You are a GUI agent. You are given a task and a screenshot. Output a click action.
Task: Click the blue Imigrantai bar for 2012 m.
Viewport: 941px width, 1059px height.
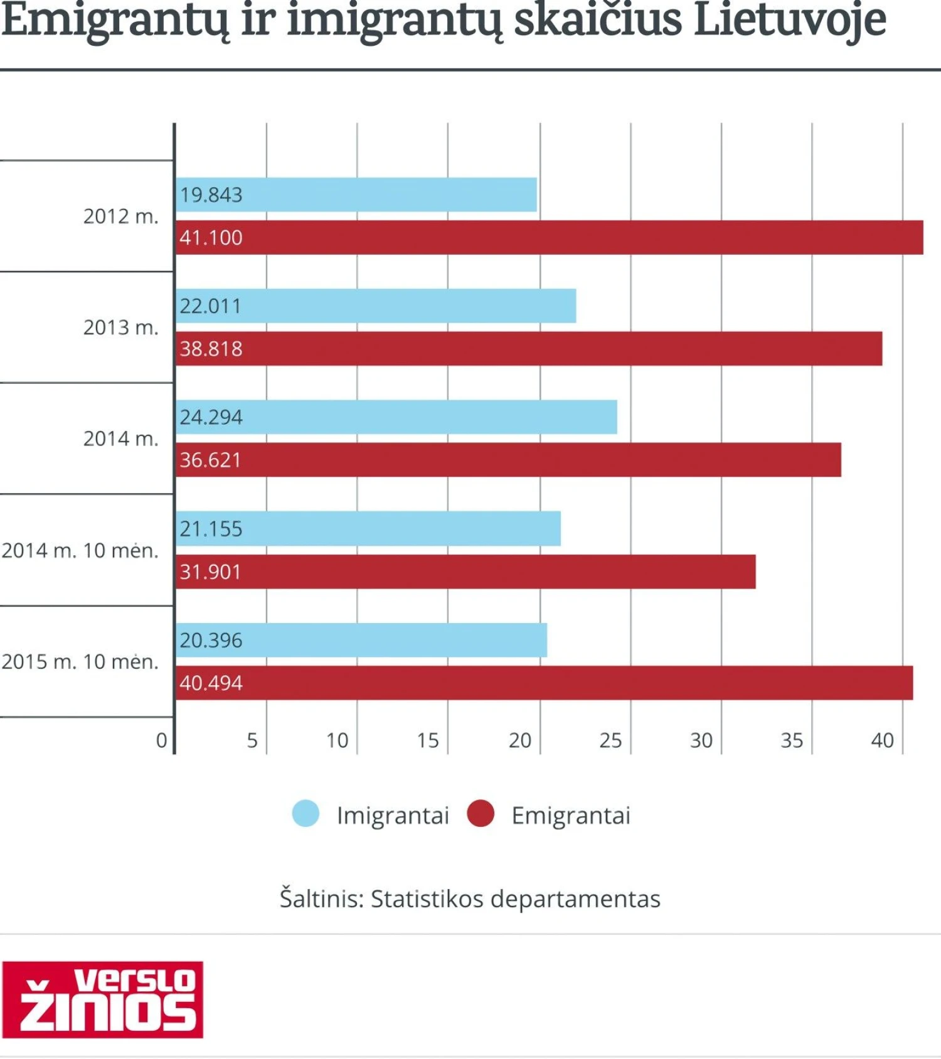[356, 194]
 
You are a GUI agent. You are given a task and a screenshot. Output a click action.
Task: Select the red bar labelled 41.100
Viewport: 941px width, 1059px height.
[549, 237]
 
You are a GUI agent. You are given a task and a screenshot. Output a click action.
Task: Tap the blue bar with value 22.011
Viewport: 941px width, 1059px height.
[376, 306]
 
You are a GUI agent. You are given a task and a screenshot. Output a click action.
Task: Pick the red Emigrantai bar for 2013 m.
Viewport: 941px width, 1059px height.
[529, 349]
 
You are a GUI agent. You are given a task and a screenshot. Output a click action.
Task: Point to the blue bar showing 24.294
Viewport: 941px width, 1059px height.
[396, 417]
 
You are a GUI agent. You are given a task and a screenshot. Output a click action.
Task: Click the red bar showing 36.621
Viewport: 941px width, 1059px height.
[508, 460]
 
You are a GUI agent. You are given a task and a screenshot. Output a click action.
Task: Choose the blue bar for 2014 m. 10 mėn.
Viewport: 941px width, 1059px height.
[368, 529]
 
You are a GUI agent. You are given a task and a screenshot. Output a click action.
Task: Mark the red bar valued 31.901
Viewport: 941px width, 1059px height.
[465, 572]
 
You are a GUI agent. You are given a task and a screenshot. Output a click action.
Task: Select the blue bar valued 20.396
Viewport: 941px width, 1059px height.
[361, 640]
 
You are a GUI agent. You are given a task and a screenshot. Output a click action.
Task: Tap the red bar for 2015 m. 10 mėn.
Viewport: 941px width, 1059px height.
[544, 683]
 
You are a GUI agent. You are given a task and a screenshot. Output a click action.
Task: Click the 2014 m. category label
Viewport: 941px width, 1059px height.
[120, 439]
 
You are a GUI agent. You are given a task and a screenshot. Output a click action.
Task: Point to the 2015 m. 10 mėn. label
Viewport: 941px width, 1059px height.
[80, 661]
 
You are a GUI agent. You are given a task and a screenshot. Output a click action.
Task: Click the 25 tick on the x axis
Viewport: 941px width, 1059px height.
[610, 741]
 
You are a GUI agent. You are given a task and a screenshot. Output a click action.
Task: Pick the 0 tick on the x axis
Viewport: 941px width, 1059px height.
[162, 741]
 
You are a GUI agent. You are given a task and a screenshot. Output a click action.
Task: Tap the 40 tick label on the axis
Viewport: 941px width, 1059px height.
[882, 741]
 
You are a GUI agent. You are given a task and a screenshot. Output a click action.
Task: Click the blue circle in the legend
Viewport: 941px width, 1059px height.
[306, 814]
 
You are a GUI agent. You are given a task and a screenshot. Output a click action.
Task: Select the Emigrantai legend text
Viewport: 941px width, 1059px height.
[571, 816]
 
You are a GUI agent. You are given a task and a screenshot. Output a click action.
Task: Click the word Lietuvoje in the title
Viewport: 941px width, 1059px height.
[790, 20]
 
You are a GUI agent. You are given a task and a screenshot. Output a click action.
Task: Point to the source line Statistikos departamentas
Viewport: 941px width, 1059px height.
[470, 899]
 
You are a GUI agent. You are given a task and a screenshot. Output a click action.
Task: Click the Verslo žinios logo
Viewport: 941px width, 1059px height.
[103, 999]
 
